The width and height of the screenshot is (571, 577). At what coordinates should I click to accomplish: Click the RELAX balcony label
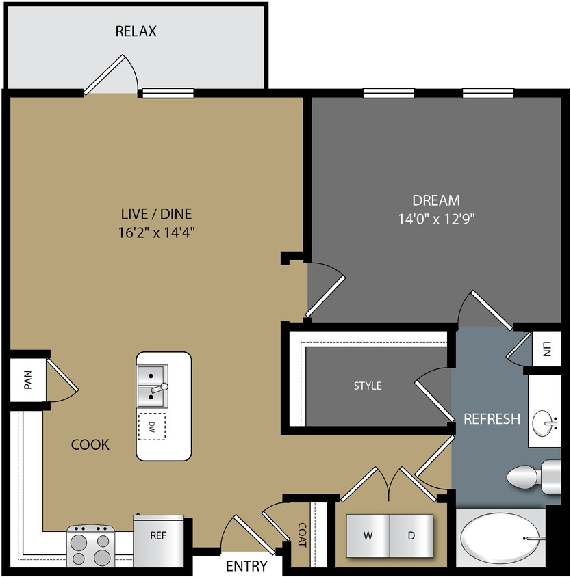[136, 31]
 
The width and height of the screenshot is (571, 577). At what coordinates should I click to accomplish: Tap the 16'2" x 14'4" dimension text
[157, 232]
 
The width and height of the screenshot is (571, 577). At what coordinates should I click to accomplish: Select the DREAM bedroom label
[436, 200]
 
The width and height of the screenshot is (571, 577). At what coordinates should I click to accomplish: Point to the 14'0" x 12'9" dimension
[436, 219]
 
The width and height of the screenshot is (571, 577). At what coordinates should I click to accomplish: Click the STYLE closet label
[368, 386]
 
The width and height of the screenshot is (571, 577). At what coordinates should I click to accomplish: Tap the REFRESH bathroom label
[492, 419]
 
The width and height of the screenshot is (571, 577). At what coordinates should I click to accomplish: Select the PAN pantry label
[28, 380]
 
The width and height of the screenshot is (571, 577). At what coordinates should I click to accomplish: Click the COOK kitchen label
[90, 445]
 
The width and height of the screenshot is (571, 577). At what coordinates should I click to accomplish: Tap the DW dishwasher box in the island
[151, 427]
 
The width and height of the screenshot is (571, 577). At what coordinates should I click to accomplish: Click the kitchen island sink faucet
[162, 388]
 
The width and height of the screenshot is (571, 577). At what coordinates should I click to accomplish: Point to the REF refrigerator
[159, 536]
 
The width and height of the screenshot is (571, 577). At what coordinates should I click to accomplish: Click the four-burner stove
[90, 544]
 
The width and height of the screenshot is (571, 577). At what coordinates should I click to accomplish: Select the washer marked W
[368, 535]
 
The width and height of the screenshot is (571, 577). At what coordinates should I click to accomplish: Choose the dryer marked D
[411, 535]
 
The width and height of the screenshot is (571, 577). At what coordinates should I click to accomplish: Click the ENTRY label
[246, 566]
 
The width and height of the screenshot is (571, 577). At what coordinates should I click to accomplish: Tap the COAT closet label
[302, 535]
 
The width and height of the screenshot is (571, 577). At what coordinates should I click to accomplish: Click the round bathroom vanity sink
[545, 420]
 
